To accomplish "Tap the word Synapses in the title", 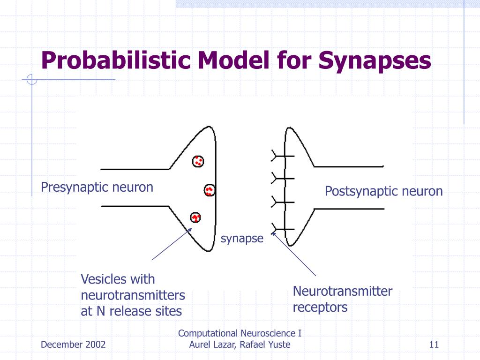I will (x=375, y=61).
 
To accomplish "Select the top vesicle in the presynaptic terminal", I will (x=198, y=161).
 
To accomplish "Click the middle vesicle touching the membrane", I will (x=209, y=190).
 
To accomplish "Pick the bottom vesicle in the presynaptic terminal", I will (x=195, y=217).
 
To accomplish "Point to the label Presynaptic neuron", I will (x=97, y=187).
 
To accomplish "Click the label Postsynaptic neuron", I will (x=384, y=191).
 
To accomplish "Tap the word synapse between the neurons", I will (x=242, y=239).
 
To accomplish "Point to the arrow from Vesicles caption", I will (x=172, y=244).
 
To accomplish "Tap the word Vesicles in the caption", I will (x=104, y=279).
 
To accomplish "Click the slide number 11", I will (x=433, y=345).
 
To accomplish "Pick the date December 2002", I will (x=73, y=345).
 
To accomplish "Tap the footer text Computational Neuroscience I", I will (x=240, y=333).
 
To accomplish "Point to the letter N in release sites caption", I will (x=101, y=311).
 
